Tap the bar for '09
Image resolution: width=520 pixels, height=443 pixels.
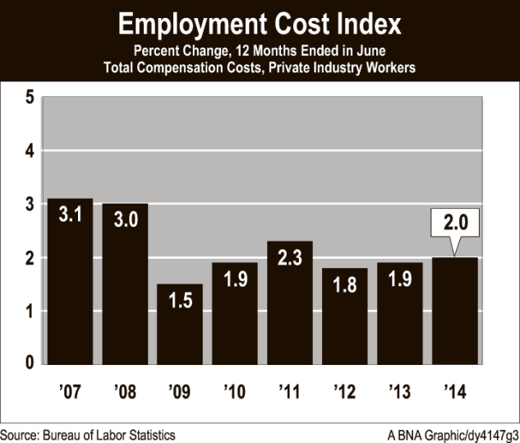coord(180,329)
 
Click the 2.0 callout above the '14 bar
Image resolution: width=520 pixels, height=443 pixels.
coord(455,223)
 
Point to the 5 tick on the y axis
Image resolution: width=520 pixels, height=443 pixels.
coord(29,97)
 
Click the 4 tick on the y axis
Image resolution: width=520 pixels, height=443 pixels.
coord(29,151)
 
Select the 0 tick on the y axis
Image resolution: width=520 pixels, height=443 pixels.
coord(29,364)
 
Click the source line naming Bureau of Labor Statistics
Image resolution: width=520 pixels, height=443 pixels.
coord(87,434)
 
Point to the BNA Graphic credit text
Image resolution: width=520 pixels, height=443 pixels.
coord(453,434)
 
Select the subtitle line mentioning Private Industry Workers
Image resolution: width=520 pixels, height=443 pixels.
coord(260,67)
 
